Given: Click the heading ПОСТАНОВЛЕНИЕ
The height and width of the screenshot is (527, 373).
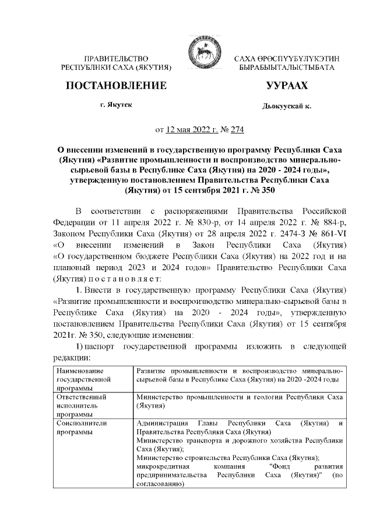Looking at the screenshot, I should click(116, 86).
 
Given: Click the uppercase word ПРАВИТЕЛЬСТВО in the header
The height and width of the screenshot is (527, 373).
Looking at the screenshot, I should click(116, 59).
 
